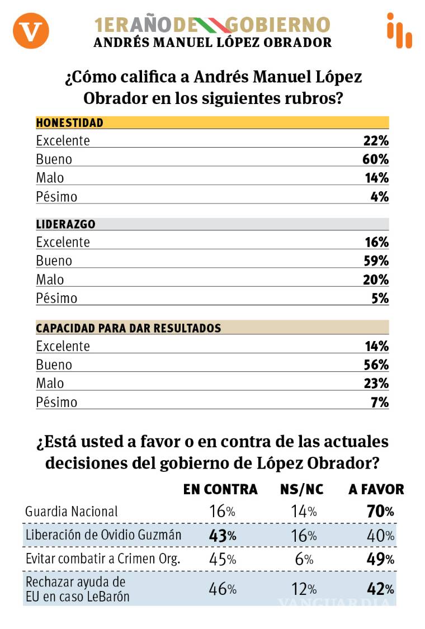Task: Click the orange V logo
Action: pos(31,30)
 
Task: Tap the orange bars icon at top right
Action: pos(399,31)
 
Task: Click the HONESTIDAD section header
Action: pos(70,122)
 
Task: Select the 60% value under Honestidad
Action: pos(375,159)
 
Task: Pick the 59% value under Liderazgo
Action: pos(375,261)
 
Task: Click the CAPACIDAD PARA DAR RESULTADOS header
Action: pos(129,328)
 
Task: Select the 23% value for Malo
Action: pos(375,384)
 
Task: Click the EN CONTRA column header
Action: pos(220,489)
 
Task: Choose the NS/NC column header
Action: pos(302,489)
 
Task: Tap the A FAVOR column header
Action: pos(376,489)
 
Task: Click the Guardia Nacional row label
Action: pos(72,511)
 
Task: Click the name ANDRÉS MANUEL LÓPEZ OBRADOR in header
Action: pos(212,42)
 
